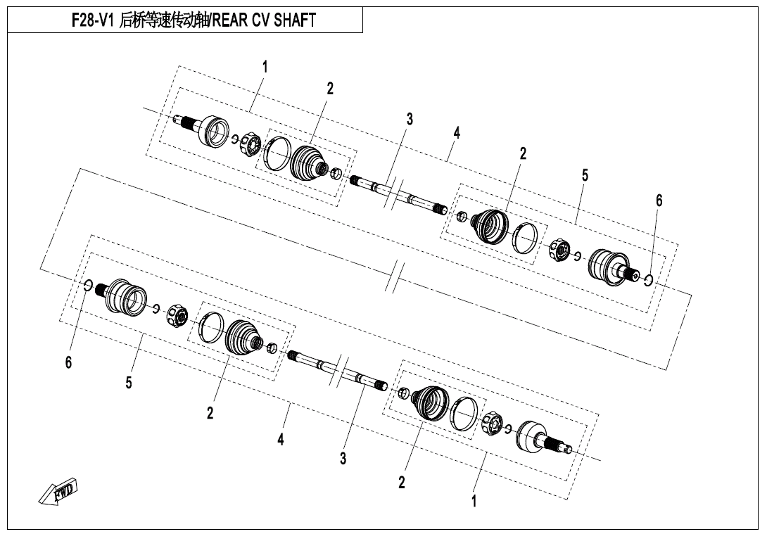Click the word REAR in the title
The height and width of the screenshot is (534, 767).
230,20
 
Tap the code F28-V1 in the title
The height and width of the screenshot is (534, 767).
93,20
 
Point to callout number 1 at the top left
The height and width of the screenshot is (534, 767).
265,67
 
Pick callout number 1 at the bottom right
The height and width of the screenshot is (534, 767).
474,501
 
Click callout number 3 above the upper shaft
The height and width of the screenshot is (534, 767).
410,119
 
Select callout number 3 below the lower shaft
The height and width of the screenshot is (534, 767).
343,459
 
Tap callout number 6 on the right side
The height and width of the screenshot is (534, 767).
659,201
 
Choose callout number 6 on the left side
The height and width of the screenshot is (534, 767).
68,362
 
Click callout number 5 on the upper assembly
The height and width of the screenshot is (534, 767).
585,175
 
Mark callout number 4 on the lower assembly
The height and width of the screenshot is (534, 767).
281,440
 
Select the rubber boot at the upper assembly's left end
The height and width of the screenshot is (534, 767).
309,163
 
